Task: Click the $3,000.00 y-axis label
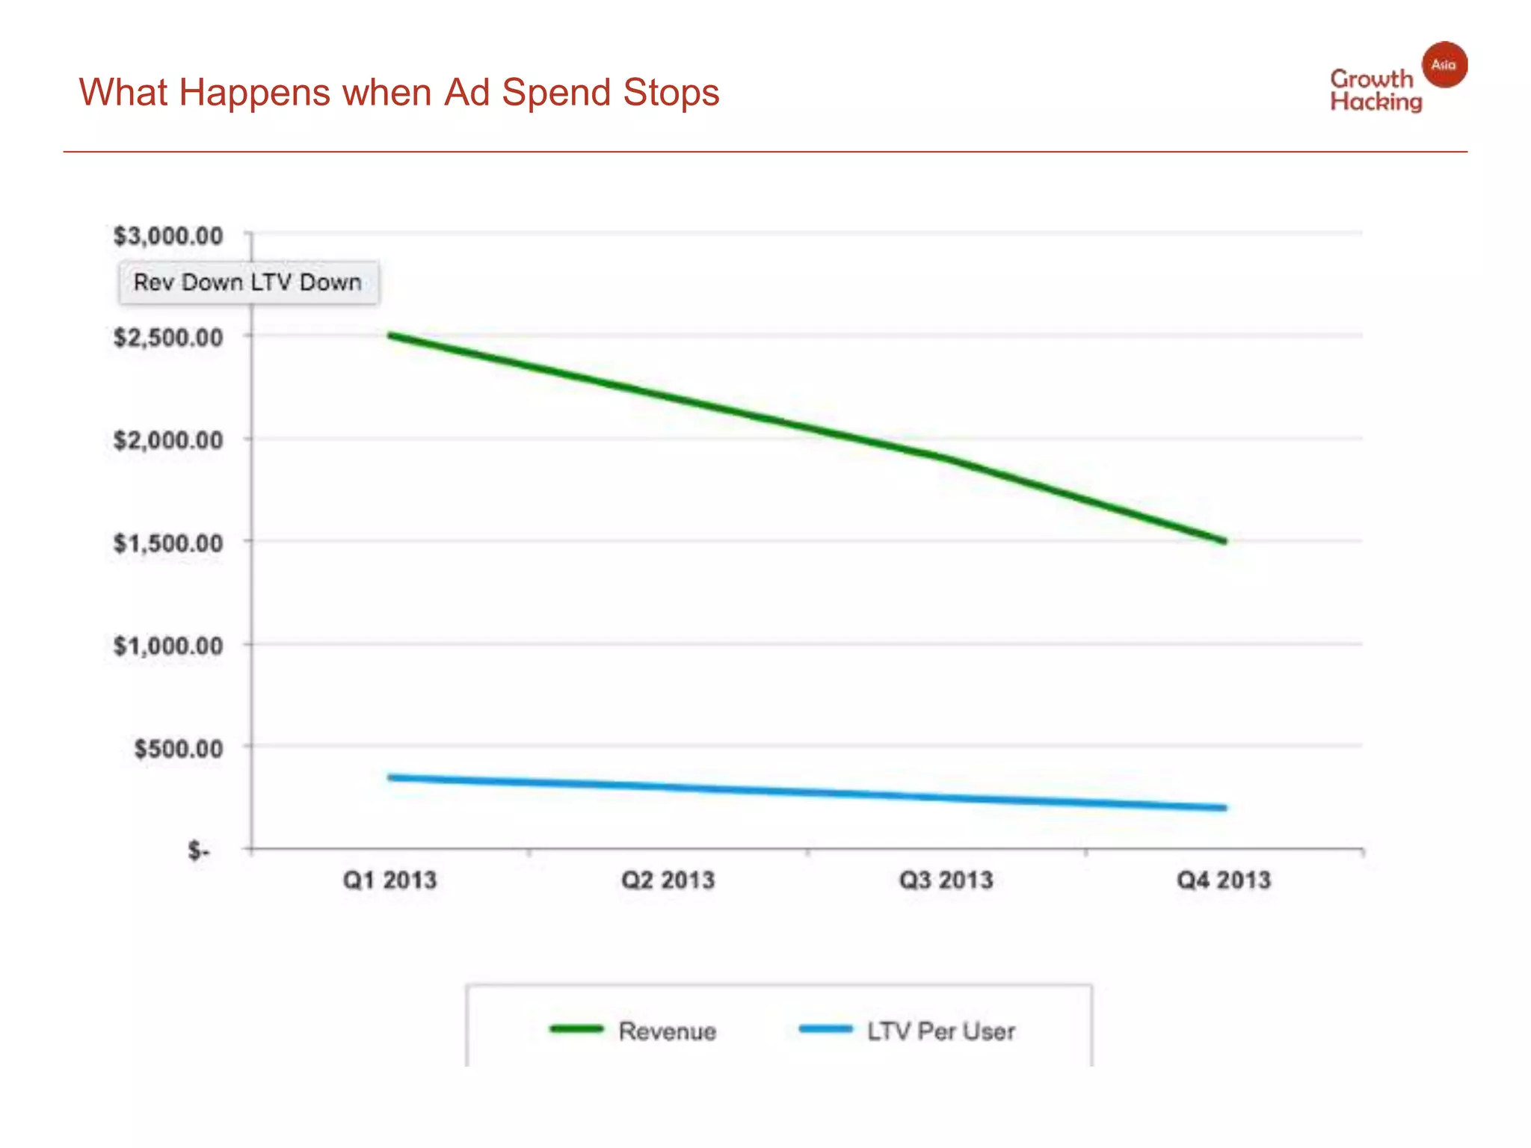[x=168, y=236]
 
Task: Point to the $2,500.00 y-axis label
[x=168, y=338]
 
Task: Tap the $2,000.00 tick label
[x=168, y=440]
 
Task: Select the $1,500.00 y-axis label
[x=168, y=543]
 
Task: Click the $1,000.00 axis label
[x=168, y=646]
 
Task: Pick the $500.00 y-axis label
[x=178, y=748]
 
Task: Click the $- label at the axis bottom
[x=199, y=851]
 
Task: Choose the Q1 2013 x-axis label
[x=389, y=880]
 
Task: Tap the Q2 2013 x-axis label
[x=668, y=880]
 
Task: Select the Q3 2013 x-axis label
[x=946, y=880]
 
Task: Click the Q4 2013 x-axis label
[x=1224, y=880]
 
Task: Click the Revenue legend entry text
[x=667, y=1031]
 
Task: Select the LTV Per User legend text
[x=940, y=1031]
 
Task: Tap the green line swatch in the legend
[x=576, y=1029]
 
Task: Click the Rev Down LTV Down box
[x=248, y=283]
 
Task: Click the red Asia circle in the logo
[x=1444, y=65]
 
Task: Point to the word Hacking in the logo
[x=1376, y=102]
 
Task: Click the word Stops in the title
[x=671, y=93]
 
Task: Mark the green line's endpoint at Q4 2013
[x=1224, y=540]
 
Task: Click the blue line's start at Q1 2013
[x=391, y=777]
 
